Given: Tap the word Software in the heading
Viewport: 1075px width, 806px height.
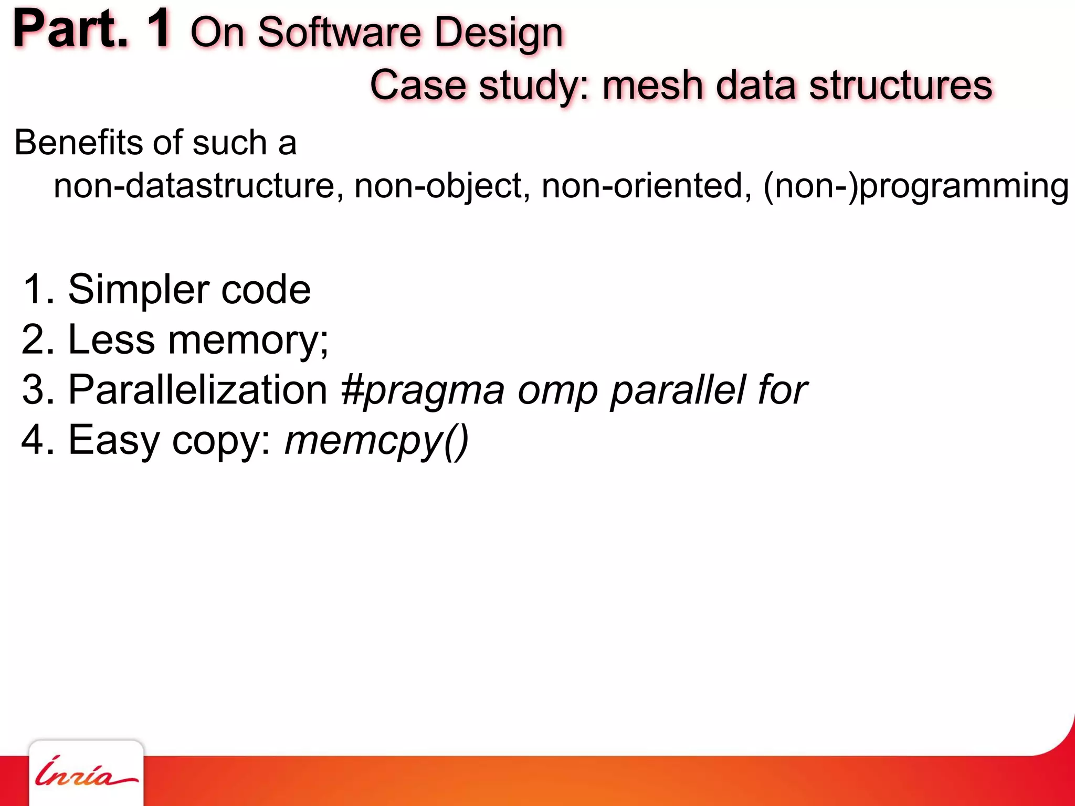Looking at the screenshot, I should pyautogui.click(x=339, y=33).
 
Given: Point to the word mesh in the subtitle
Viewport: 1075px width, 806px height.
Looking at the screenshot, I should pyautogui.click(x=652, y=86).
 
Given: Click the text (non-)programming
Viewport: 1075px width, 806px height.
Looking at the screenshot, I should pyautogui.click(x=916, y=187).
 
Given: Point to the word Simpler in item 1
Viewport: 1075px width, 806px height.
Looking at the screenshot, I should pyautogui.click(x=138, y=290).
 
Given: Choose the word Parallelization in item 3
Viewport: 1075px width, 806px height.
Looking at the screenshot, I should pyautogui.click(x=198, y=390).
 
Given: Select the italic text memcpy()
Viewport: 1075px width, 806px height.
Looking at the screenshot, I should pyautogui.click(x=376, y=440).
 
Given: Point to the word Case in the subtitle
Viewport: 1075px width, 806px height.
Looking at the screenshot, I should pyautogui.click(x=418, y=86).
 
